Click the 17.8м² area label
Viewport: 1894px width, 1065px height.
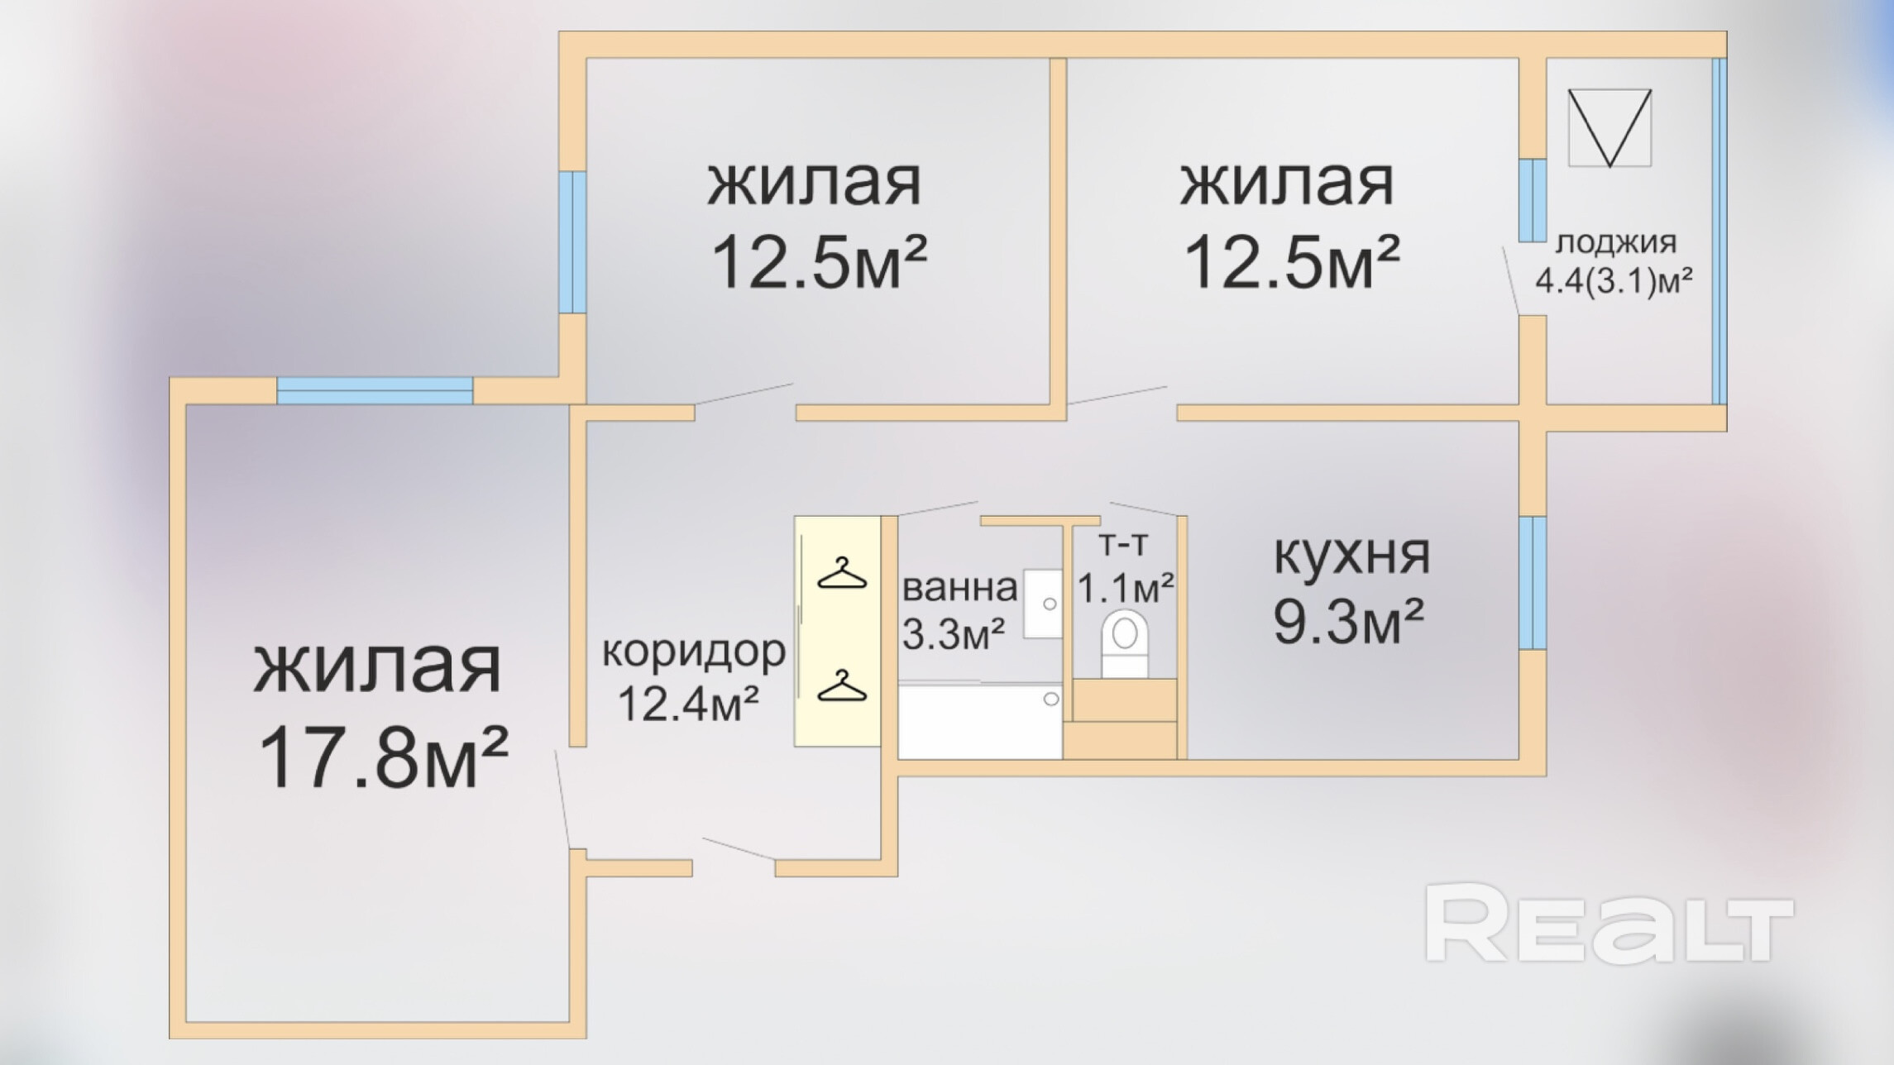pos(383,760)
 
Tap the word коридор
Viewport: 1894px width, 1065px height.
pos(693,652)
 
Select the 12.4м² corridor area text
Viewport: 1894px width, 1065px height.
pos(688,704)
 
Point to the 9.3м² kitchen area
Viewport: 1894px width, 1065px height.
pos(1348,622)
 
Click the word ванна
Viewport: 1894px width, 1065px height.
pos(959,588)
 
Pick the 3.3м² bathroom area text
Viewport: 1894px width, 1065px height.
pos(953,634)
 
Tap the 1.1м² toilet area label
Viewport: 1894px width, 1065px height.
pos(1125,588)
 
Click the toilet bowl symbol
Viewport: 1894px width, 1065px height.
pos(1125,641)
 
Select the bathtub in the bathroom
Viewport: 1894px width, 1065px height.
pos(979,721)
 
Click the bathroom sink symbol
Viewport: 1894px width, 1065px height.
pos(1043,604)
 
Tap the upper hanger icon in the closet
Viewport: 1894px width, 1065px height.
pos(841,574)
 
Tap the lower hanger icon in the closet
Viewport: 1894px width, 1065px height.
pos(841,686)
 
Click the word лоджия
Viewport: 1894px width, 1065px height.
pos(1616,243)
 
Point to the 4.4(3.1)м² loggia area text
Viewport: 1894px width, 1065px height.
pos(1614,281)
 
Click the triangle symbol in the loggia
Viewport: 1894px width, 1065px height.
pos(1609,127)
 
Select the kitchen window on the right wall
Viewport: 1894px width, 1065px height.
pos(1532,583)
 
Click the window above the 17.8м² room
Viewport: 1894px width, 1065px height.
pos(375,390)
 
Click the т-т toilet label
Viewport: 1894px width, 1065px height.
pos(1123,544)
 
